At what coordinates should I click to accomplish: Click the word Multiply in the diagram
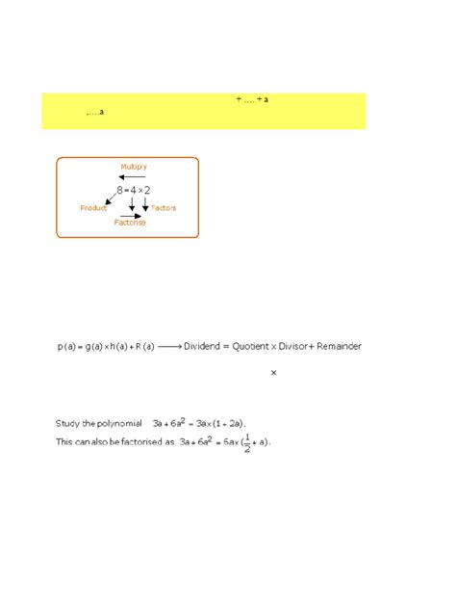134,166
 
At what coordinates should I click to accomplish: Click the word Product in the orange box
93,207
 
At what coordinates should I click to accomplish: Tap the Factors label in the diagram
164,207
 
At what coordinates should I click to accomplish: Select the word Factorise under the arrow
130,223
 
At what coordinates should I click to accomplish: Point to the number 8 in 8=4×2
118,191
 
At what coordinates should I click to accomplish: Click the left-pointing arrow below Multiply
133,177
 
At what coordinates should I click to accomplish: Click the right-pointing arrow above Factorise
130,215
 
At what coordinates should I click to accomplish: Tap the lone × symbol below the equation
274,372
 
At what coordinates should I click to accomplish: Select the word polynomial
117,423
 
